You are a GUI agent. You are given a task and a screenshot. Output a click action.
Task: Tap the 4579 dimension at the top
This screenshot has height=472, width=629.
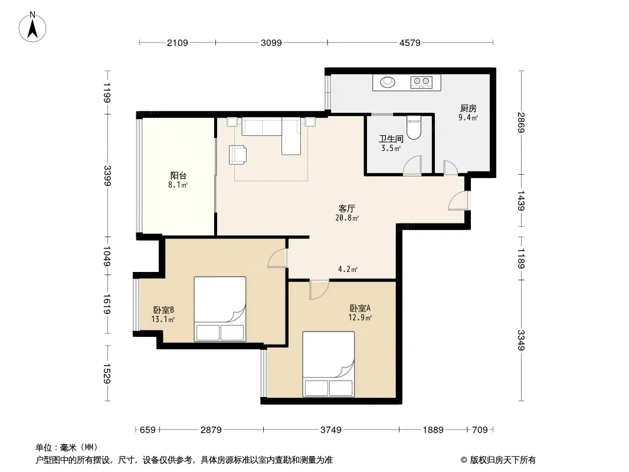click(x=410, y=42)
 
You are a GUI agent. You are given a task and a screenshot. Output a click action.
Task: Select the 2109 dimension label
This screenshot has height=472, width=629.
click(x=177, y=42)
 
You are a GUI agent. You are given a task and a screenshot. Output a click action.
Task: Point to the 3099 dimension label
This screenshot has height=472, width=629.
click(x=271, y=42)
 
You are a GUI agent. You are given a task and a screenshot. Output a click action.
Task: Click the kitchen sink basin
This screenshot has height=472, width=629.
click(x=388, y=82)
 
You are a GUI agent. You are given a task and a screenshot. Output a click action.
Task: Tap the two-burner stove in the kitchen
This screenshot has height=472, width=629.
click(x=421, y=82)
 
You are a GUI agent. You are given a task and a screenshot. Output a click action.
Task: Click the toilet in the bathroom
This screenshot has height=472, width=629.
click(x=414, y=127)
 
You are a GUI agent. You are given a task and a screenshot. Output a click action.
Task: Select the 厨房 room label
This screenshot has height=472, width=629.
click(x=468, y=109)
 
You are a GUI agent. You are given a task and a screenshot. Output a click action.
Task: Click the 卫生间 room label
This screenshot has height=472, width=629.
click(x=391, y=139)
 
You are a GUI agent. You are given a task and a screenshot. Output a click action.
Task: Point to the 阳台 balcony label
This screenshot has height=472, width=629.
click(x=178, y=176)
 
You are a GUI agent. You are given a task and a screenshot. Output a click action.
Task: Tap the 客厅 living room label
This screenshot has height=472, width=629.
click(x=346, y=208)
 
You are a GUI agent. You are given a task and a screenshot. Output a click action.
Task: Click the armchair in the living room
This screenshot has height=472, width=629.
click(x=237, y=155)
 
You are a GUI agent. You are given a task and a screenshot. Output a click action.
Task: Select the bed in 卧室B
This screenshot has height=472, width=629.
click(x=220, y=309)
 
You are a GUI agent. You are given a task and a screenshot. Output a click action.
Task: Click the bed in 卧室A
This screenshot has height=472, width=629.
click(x=329, y=364)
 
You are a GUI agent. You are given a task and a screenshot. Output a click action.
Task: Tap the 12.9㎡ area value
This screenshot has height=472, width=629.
click(x=360, y=318)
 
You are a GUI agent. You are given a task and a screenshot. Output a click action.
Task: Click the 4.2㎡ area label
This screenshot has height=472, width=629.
click(x=348, y=269)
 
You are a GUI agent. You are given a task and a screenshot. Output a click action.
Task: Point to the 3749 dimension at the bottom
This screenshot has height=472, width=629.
click(x=331, y=430)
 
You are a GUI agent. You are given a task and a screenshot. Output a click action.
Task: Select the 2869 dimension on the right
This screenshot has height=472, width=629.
click(x=520, y=122)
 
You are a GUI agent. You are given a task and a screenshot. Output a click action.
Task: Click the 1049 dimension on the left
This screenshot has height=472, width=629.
click(x=107, y=256)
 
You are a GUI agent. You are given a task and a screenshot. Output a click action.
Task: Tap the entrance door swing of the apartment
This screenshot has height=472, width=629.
click(x=457, y=201)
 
